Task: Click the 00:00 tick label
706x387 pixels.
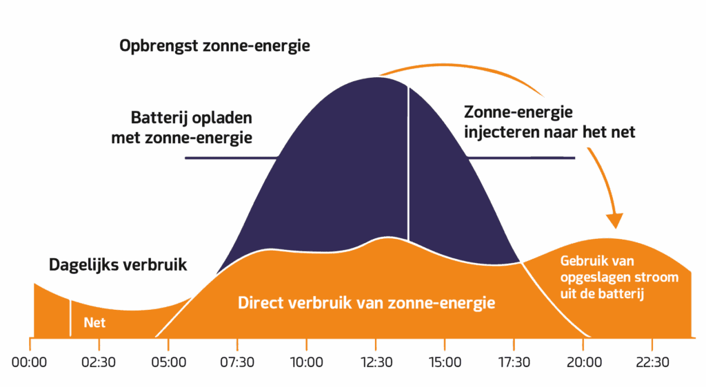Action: click(29, 362)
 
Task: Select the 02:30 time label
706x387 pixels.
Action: click(99, 362)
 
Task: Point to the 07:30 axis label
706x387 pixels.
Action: click(237, 362)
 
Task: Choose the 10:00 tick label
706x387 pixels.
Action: click(306, 362)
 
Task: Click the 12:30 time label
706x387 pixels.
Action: click(376, 362)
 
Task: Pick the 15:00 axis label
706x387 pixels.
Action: click(445, 362)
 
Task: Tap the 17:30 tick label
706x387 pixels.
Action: click(514, 362)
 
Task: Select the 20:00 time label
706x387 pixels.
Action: click(583, 362)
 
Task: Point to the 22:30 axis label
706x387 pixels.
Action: click(652, 362)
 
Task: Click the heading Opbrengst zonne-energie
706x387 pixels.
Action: click(214, 47)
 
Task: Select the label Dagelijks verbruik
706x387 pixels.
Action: click(118, 264)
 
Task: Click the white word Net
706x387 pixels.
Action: click(94, 322)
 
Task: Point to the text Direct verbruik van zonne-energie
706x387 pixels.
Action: click(366, 302)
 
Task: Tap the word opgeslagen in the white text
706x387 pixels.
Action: click(593, 278)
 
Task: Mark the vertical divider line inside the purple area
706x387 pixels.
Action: click(408, 165)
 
